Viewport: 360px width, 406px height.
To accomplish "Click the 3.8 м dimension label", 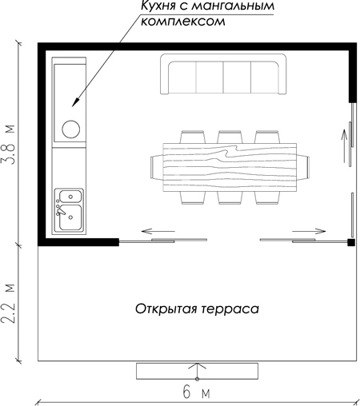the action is pyautogui.click(x=8, y=145).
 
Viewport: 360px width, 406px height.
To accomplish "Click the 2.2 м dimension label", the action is pyautogui.click(x=8, y=304).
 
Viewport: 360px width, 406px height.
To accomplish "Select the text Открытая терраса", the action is pyautogui.click(x=197, y=309).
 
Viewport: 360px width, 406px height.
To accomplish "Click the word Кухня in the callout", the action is pyautogui.click(x=157, y=6).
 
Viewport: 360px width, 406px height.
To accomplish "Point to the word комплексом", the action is pyautogui.click(x=183, y=22).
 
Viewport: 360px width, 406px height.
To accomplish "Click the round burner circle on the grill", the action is pyautogui.click(x=70, y=129).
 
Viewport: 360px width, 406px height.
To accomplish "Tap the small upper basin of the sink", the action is pyautogui.click(x=70, y=197).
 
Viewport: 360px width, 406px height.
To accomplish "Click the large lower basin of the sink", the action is pyautogui.click(x=70, y=217).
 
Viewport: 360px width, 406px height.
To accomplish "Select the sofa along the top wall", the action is pyautogui.click(x=223, y=74).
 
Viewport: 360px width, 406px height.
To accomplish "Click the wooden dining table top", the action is pyautogui.click(x=230, y=167).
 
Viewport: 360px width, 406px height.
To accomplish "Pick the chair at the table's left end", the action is pyautogui.click(x=157, y=168).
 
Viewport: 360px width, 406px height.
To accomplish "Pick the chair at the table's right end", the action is pyautogui.click(x=303, y=168).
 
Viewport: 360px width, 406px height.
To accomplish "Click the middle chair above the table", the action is pyautogui.click(x=230, y=137).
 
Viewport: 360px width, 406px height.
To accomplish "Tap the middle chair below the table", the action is pyautogui.click(x=230, y=198).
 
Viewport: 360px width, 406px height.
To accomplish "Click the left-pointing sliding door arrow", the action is pyautogui.click(x=158, y=231).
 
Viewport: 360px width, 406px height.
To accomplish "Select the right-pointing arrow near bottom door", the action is pyautogui.click(x=309, y=231).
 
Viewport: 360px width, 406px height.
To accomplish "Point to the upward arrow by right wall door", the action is pyautogui.click(x=344, y=145).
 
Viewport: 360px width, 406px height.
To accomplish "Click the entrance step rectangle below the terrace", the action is pyautogui.click(x=197, y=371).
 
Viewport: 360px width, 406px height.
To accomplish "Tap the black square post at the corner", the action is pyautogui.click(x=351, y=242).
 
